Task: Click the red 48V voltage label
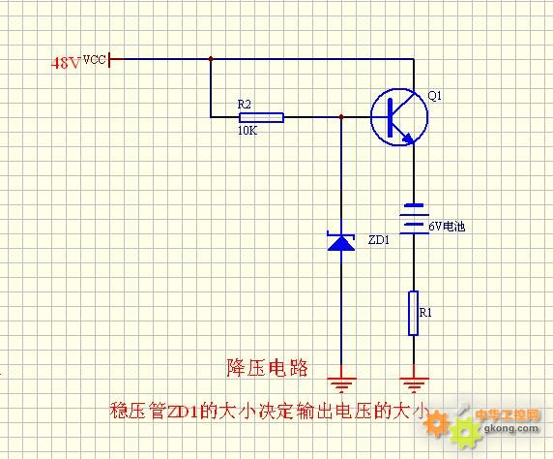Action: coord(66,64)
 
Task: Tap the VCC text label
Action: coord(95,59)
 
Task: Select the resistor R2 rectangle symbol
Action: coord(261,117)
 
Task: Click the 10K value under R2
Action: coord(247,131)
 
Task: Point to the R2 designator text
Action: coord(244,105)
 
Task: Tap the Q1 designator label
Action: coord(434,96)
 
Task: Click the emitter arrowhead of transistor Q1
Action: coord(409,138)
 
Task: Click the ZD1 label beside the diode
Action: coord(379,240)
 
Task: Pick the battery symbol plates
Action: coord(414,219)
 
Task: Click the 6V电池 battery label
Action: coord(447,227)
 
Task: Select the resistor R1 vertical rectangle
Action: coord(414,313)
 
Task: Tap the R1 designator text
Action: coord(425,313)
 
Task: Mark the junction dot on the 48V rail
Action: coord(211,59)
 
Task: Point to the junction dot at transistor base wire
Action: coord(341,117)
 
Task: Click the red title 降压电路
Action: coord(268,369)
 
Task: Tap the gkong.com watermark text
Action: coord(511,429)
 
